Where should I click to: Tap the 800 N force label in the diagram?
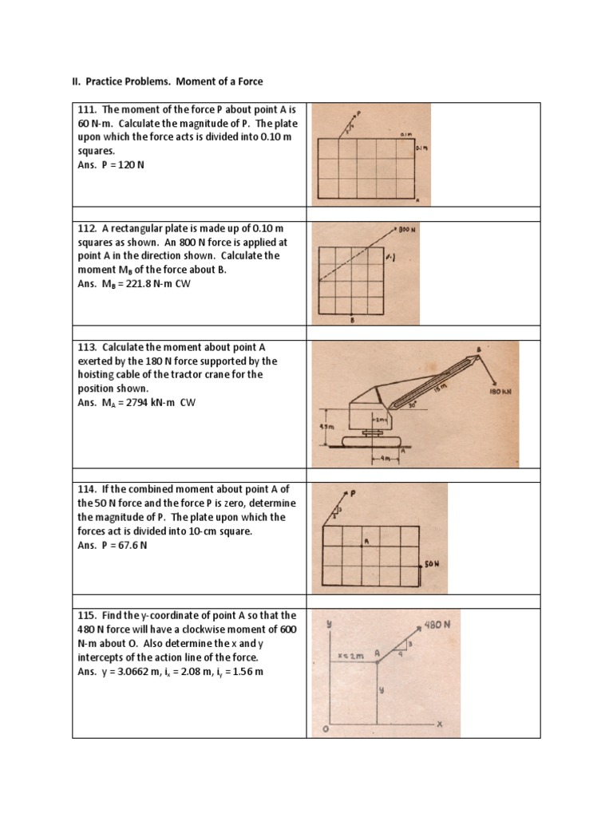coord(408,229)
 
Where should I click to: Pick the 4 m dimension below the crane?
coord(386,459)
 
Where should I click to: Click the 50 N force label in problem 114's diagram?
coord(432,563)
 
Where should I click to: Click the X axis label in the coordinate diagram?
coord(439,724)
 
